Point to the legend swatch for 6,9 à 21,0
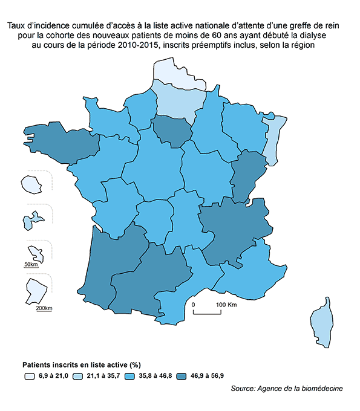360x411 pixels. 28,376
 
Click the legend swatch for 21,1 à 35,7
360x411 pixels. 77,376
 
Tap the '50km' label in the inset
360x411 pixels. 31,265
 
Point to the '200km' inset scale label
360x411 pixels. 44,308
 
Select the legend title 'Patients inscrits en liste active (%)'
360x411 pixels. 82,365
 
